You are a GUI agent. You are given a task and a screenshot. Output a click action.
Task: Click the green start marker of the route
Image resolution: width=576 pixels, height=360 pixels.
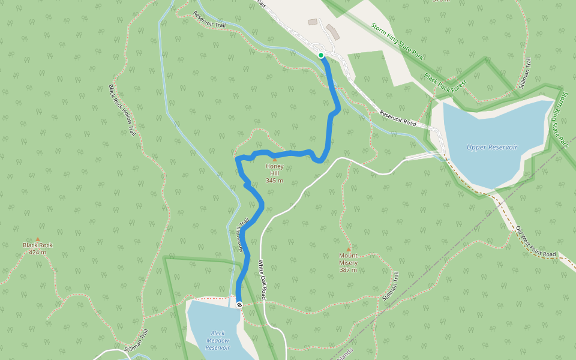(321, 55)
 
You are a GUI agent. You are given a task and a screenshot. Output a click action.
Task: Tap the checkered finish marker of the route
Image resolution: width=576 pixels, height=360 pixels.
(239, 305)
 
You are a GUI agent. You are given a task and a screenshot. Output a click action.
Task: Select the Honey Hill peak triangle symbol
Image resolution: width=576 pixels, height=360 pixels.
(275, 160)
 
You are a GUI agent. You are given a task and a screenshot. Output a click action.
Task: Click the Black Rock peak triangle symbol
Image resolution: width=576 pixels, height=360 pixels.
(37, 239)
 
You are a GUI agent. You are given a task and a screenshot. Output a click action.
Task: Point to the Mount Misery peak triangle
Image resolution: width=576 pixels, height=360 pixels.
(348, 249)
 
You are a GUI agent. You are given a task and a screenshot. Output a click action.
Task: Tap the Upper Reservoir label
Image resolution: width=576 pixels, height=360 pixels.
(492, 147)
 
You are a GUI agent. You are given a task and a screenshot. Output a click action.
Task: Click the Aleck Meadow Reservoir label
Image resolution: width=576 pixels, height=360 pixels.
(218, 340)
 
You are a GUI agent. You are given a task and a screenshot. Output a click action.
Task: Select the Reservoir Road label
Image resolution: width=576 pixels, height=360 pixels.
(398, 118)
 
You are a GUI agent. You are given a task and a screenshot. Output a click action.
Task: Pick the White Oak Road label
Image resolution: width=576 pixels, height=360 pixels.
(262, 280)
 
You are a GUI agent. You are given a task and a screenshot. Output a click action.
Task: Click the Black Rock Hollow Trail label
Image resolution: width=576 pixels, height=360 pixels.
(122, 110)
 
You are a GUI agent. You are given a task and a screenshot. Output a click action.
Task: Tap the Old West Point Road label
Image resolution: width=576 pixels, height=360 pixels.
(536, 242)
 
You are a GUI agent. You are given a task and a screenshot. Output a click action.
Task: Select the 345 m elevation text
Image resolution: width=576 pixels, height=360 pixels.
(274, 180)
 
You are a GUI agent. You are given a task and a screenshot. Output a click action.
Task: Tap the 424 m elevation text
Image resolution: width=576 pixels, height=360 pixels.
(37, 252)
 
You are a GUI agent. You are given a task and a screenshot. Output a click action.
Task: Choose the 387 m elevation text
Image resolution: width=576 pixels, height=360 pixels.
(348, 269)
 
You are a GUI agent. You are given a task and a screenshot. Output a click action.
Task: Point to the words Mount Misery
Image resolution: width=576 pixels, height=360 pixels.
(348, 259)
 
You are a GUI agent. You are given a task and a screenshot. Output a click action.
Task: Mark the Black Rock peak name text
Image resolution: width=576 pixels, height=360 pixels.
(37, 245)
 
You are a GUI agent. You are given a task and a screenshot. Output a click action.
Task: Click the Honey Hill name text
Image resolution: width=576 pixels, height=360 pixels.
(274, 170)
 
